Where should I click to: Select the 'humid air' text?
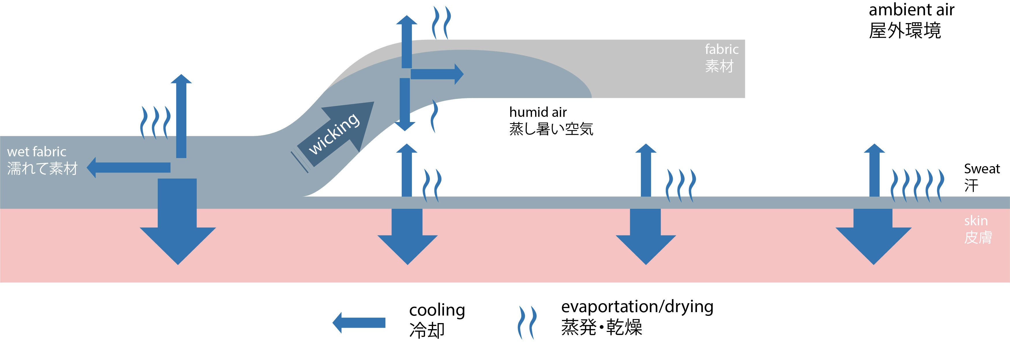537,112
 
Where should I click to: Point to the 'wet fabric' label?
36,152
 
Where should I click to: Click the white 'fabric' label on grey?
722,49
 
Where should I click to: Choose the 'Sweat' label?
982,169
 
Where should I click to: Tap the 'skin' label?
975,221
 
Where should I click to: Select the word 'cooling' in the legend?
437,310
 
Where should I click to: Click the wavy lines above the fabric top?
441,22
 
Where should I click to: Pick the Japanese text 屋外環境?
904,31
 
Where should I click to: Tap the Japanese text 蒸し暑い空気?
551,129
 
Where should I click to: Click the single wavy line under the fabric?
434,116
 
